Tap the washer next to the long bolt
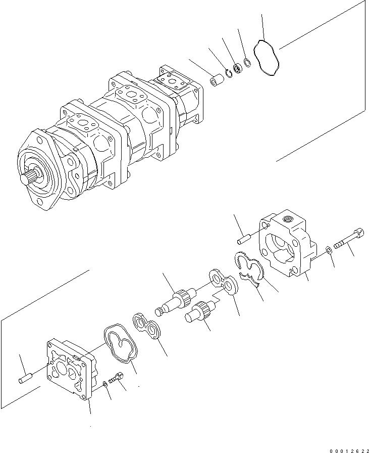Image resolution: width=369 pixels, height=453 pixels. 328,248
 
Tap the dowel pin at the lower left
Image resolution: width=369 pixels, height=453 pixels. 25,378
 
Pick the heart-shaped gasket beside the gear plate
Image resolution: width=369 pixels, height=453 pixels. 122,344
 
